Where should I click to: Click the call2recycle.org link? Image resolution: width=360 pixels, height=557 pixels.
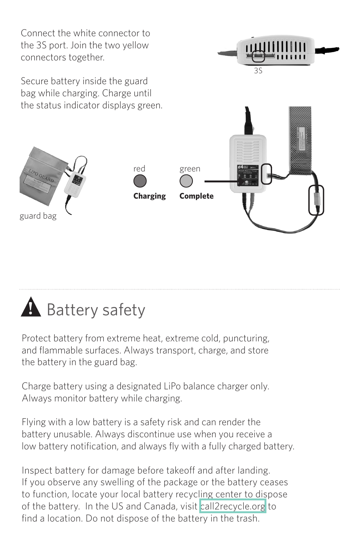232,506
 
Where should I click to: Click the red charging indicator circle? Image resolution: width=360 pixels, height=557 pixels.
140,181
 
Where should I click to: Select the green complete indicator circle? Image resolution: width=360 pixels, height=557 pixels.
186,181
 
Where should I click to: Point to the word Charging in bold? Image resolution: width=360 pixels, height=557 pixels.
149,196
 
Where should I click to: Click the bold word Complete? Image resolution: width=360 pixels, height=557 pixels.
196,196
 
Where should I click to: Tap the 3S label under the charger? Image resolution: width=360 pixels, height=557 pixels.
258,71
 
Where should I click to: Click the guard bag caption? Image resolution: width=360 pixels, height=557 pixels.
38,216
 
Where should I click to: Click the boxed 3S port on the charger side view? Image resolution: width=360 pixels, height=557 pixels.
258,56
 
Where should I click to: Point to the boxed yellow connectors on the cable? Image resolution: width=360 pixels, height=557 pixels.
316,200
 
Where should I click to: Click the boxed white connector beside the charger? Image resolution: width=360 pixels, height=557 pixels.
266,174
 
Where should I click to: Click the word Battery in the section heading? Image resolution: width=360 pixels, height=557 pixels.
72,310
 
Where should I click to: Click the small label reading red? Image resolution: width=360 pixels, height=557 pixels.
139,169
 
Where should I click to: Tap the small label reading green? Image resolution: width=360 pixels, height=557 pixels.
190,169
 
